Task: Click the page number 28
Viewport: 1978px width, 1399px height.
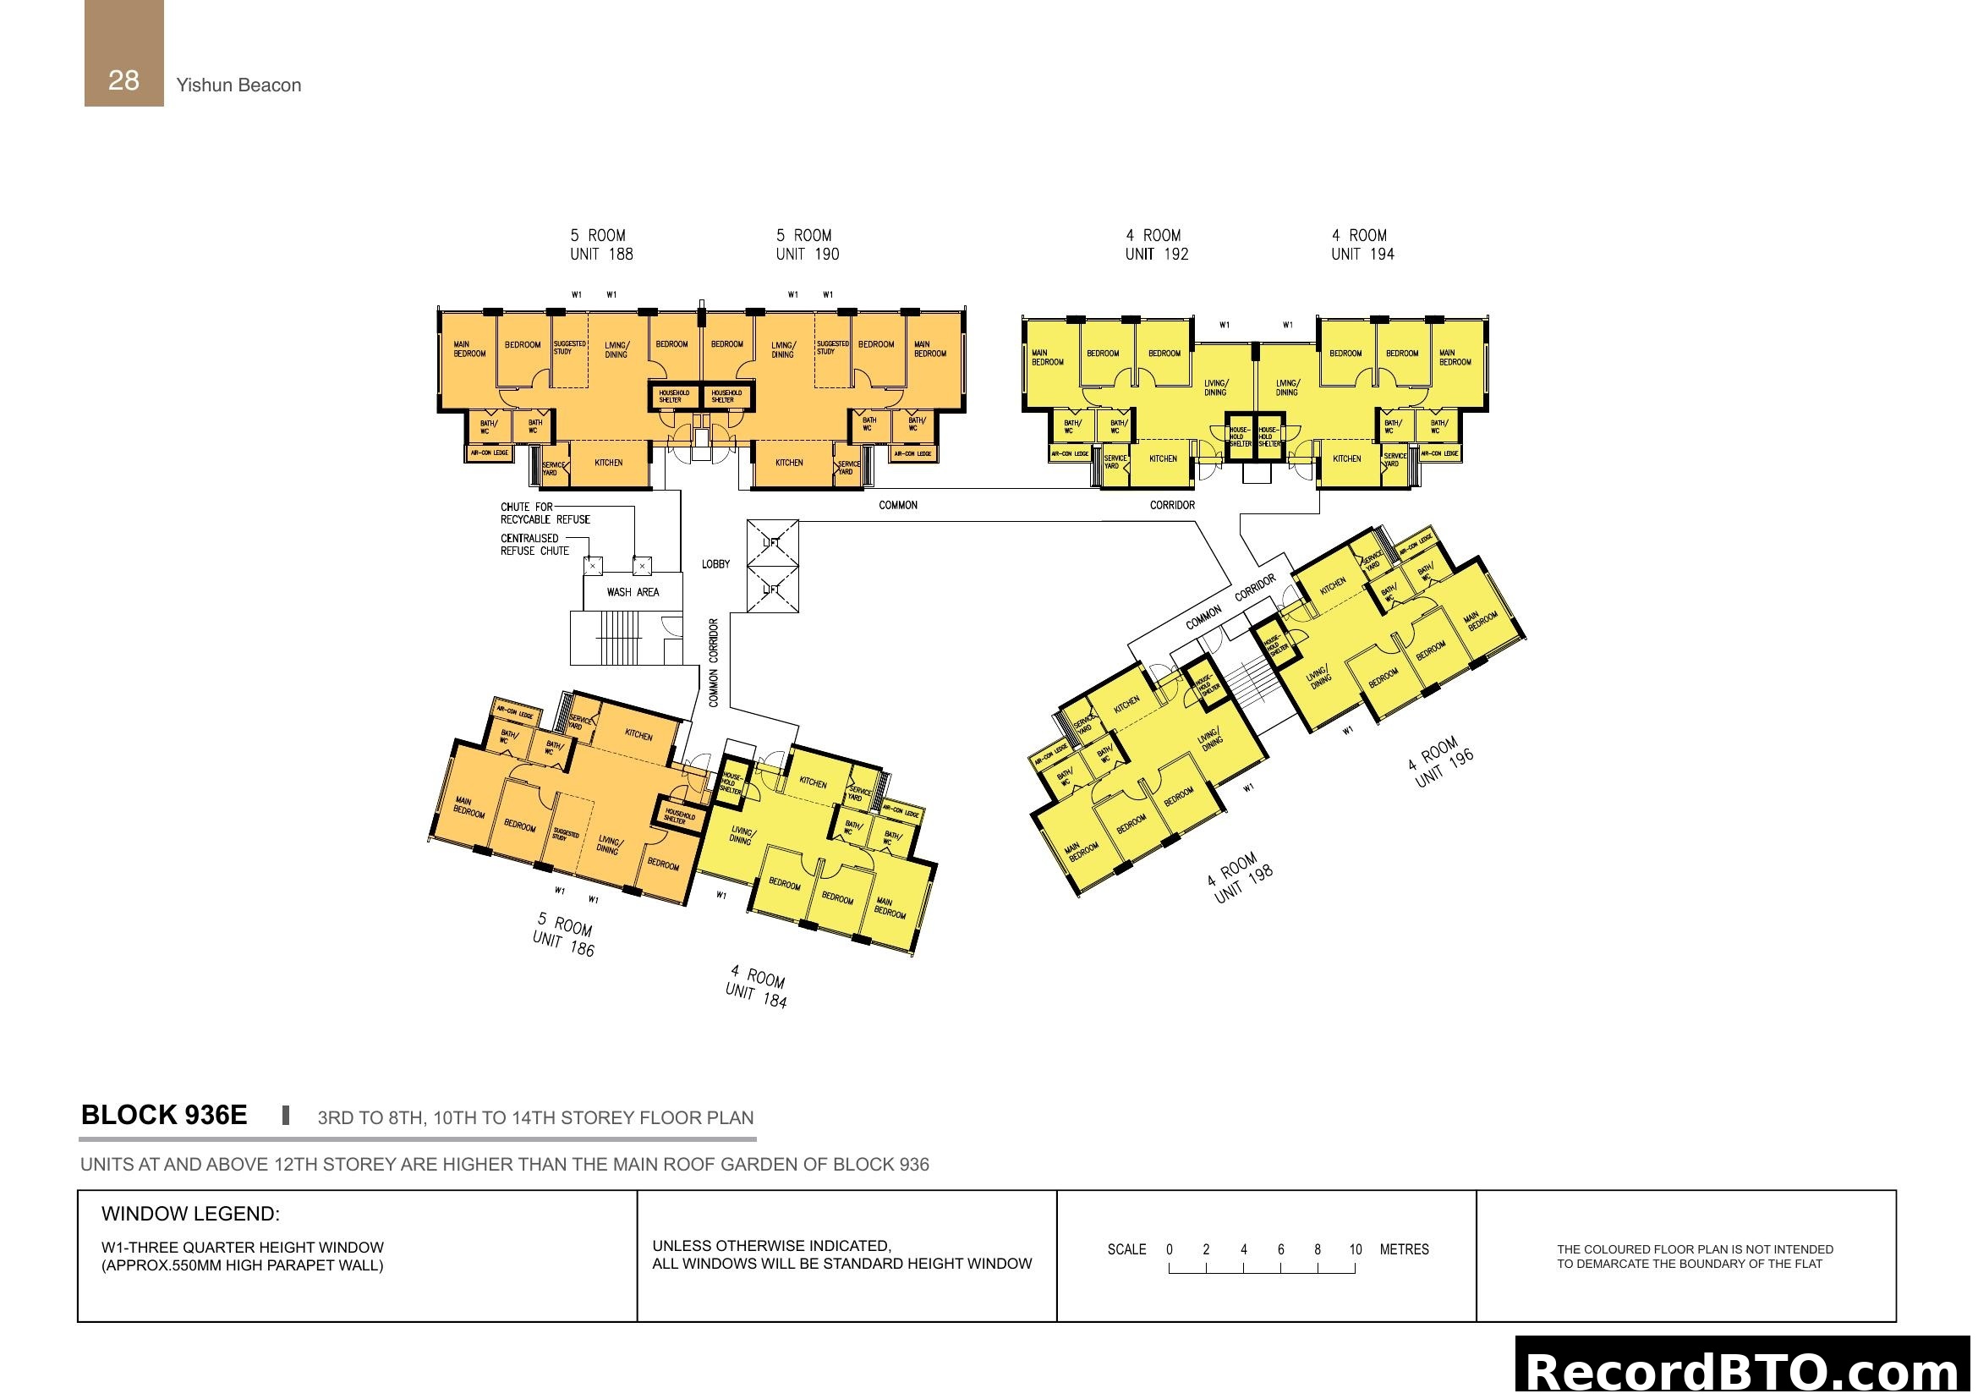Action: (x=123, y=80)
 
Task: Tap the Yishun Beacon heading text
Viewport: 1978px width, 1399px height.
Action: (x=238, y=85)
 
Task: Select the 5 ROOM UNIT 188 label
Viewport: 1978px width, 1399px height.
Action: (x=601, y=244)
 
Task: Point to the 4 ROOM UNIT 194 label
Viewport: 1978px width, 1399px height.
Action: (x=1362, y=244)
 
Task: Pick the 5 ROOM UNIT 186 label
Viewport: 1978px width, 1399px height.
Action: (x=564, y=935)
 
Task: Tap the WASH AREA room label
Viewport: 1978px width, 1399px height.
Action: (x=633, y=593)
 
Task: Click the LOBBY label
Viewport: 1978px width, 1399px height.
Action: (x=715, y=564)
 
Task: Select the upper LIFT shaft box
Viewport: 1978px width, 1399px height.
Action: (x=772, y=543)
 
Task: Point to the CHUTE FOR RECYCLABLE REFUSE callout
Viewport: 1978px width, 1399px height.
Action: (x=545, y=513)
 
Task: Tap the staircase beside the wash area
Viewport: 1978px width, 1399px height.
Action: (x=618, y=639)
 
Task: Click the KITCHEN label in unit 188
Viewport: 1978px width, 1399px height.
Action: (x=608, y=463)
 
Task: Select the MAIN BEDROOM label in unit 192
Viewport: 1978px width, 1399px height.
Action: (x=1047, y=358)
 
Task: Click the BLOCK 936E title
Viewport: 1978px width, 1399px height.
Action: (x=164, y=1116)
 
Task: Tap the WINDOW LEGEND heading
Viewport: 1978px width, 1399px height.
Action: (x=190, y=1214)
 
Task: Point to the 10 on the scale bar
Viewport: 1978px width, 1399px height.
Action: (x=1355, y=1250)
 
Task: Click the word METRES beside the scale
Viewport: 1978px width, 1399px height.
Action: (x=1404, y=1250)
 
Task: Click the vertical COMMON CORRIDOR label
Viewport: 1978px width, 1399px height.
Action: (x=714, y=662)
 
